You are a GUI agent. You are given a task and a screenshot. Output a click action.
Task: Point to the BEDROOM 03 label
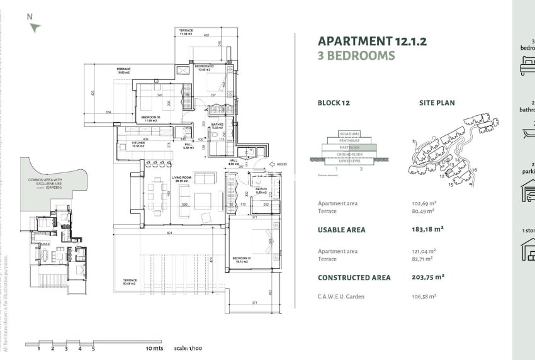pos(150,118)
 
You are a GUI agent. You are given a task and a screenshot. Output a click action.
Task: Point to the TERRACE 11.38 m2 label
pos(186,32)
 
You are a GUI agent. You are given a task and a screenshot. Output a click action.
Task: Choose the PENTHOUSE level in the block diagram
pos(349,140)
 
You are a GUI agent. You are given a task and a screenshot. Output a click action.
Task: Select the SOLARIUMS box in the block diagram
pos(349,134)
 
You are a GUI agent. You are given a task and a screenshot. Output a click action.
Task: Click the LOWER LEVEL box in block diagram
pos(349,160)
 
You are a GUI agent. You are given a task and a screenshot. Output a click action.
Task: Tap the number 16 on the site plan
pos(474,170)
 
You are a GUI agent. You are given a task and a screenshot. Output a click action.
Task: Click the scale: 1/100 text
pos(188,348)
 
